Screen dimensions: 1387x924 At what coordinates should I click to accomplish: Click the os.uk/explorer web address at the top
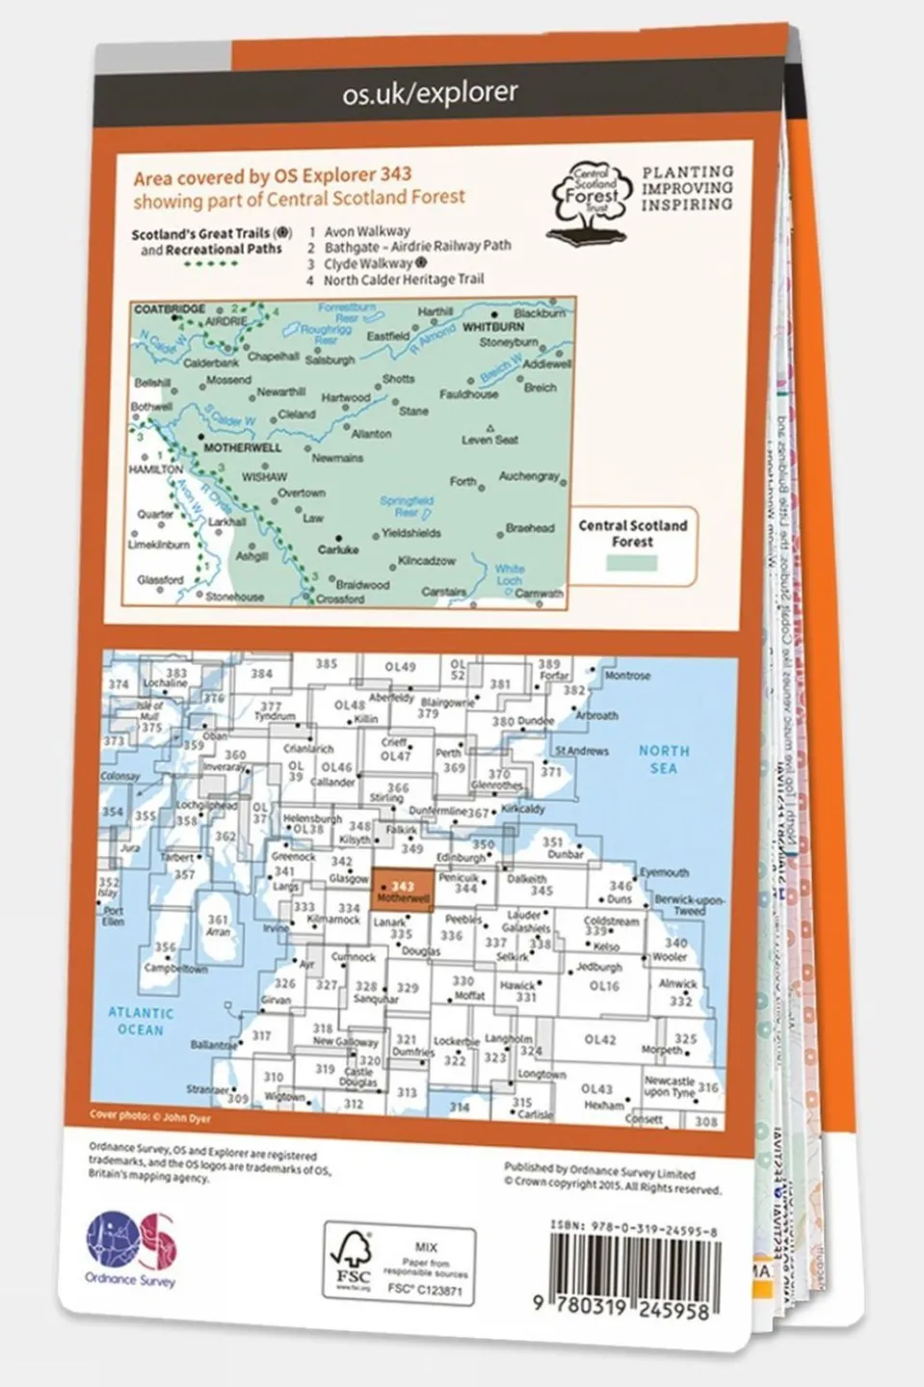[x=430, y=93]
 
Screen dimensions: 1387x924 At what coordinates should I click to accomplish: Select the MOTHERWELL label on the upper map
[x=243, y=448]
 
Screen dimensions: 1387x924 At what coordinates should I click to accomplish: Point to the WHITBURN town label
[x=493, y=327]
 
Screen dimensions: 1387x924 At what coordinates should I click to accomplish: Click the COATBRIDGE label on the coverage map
[x=170, y=309]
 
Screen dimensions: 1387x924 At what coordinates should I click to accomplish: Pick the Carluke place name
[x=338, y=549]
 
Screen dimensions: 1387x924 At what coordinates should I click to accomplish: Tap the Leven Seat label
[x=489, y=440]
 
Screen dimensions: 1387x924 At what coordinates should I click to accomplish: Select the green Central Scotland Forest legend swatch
[x=632, y=563]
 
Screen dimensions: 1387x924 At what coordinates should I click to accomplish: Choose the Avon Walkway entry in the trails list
[x=366, y=231]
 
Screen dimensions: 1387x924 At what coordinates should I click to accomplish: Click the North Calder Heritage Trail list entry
[x=404, y=280]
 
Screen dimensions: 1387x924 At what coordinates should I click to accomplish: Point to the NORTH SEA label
[x=664, y=759]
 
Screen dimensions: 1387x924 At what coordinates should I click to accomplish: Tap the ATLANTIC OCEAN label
[x=141, y=1021]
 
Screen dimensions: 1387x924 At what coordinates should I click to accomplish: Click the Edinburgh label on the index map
[x=461, y=858]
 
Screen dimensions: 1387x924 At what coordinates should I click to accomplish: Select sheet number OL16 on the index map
[x=603, y=986]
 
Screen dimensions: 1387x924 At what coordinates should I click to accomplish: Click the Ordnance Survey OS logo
[x=132, y=1242]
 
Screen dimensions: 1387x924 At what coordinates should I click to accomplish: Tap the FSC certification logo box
[x=399, y=1264]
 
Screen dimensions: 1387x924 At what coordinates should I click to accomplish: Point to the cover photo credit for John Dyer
[x=150, y=1117]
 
